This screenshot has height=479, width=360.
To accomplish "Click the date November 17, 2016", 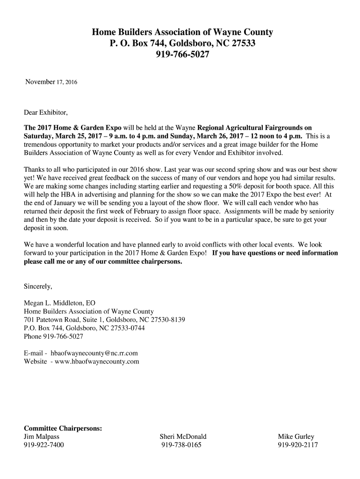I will (51, 82).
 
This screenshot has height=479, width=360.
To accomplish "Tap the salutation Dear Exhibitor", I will (46, 113).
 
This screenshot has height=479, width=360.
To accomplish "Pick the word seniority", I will (312, 211).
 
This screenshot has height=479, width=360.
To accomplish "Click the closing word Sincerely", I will (38, 286).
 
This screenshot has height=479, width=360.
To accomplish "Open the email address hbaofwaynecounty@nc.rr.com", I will (91, 353).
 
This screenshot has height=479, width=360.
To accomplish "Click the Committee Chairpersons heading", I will (63, 428).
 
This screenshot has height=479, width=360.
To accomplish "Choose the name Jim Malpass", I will (42, 437).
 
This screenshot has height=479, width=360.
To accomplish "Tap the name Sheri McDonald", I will (183, 437).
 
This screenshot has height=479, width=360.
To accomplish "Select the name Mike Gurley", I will (296, 437).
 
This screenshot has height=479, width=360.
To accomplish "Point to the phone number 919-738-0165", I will (181, 445).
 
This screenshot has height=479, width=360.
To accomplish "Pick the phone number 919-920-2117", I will (297, 445).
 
